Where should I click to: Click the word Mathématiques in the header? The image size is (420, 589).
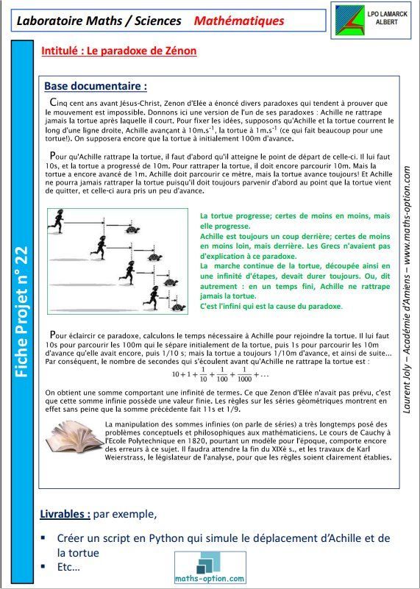coord(239,21)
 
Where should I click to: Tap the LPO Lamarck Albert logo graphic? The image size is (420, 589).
coord(349,21)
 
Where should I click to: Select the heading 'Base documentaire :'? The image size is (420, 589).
coord(96,86)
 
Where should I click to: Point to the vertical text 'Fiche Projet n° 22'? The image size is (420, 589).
coord(23,311)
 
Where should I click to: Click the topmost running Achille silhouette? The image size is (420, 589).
coord(57,221)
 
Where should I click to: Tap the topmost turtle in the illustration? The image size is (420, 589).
coord(132,229)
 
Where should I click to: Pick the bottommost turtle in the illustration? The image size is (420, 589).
coord(179,307)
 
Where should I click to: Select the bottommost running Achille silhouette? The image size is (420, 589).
coord(152,298)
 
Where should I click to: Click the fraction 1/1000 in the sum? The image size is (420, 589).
coord(244,374)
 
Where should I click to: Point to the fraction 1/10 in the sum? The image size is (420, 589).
coord(203,374)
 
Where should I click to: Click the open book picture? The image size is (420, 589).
coord(74,438)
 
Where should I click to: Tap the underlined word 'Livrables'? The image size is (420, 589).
coord(65,513)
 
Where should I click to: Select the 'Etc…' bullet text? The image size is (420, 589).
coord(68,567)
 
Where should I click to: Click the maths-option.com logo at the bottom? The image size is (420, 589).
coord(210,567)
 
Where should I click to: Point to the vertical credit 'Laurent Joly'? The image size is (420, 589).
coord(407,391)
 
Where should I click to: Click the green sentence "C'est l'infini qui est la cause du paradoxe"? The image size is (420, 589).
coord(271,306)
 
